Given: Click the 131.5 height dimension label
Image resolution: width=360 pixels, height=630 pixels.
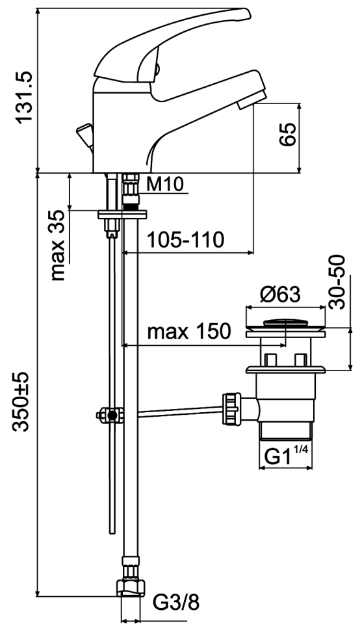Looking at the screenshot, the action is [23, 98].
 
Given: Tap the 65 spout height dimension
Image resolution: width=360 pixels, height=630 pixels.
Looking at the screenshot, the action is [288, 135].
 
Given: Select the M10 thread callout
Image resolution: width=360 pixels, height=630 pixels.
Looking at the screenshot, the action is [165, 185].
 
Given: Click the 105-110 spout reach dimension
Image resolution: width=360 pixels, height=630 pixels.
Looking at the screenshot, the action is [185, 241].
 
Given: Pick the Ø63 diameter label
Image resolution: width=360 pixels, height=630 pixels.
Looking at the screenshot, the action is [280, 295].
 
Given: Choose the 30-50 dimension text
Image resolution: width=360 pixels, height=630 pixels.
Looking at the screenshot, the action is [337, 282].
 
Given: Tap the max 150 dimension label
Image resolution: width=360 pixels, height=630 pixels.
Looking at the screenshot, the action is [189, 332].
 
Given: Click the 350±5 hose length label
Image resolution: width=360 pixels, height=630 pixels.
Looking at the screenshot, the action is [21, 402].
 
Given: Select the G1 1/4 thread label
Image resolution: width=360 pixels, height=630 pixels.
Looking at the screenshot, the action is [287, 456].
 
